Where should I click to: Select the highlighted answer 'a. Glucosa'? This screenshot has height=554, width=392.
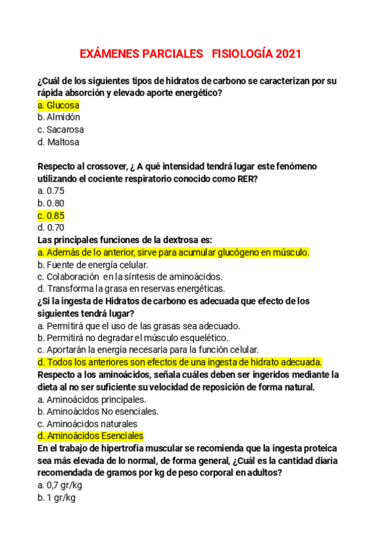tap(59, 105)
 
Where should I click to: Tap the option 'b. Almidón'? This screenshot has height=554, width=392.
tap(59, 117)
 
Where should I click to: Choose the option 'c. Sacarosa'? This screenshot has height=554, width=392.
tap(61, 129)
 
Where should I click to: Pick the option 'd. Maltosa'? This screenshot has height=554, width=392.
tap(59, 142)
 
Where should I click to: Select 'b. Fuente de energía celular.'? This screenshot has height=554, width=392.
tap(93, 265)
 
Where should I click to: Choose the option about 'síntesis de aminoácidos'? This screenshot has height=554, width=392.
tap(131, 276)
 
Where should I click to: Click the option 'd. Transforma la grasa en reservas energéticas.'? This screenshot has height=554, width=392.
tap(131, 288)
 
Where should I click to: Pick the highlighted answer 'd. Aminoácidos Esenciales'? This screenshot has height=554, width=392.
tap(91, 436)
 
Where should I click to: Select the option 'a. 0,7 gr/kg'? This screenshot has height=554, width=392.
tap(60, 485)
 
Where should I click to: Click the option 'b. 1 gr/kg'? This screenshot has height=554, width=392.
tap(57, 498)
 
